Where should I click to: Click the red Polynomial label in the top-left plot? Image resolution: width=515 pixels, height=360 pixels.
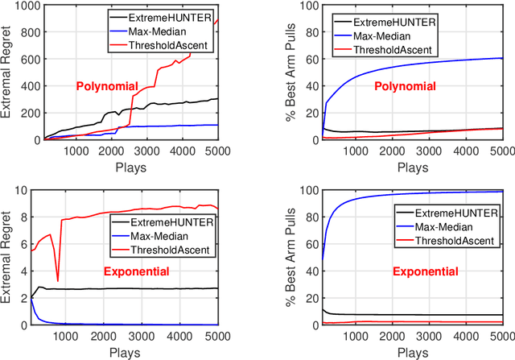pyautogui.click(x=106, y=86)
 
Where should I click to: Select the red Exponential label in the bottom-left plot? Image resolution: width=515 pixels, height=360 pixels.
pyautogui.click(x=136, y=271)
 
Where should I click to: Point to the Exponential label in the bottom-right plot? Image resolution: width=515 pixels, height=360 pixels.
pyautogui.click(x=425, y=272)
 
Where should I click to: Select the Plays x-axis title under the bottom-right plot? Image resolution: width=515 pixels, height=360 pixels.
pyautogui.click(x=413, y=351)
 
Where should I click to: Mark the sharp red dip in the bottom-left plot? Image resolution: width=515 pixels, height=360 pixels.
pyautogui.click(x=57, y=279)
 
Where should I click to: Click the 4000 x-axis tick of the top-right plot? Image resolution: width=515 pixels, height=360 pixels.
pyautogui.click(x=457, y=151)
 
